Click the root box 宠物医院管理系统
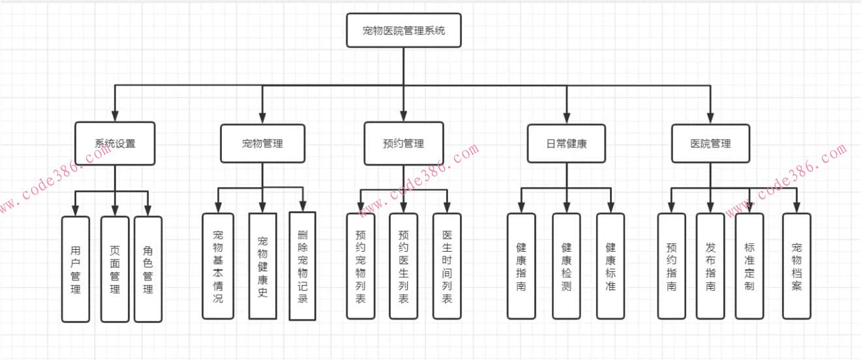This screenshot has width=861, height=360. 403,30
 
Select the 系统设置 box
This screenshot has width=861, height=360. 115,143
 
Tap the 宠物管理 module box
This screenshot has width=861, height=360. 262,143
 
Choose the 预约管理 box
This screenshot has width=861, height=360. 403,143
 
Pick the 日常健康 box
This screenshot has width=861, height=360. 566,143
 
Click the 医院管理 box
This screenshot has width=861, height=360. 710,143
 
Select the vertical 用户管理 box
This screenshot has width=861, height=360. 76,269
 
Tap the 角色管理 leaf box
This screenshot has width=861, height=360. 148,269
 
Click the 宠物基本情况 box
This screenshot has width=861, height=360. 218,266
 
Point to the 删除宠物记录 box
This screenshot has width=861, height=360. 302,266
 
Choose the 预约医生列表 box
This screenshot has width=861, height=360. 403,266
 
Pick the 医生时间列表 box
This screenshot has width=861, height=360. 447,266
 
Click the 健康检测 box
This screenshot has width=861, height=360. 566,266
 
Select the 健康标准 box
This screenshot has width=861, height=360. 611,266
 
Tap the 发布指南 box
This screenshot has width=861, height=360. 710,266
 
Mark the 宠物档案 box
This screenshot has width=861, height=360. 796,266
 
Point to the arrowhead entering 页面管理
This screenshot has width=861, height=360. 115,210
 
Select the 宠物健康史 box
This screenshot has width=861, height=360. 262,266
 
